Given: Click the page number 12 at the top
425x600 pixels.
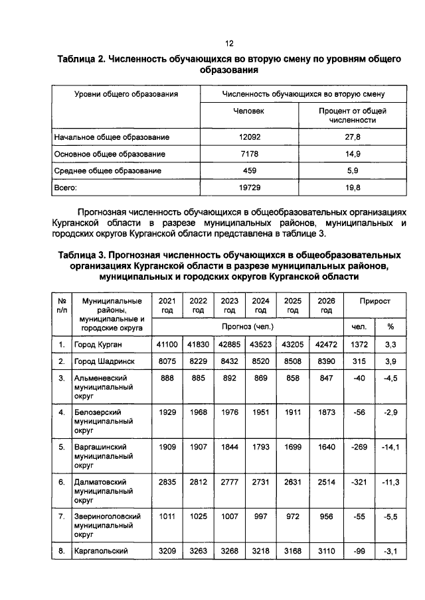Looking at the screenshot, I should (229, 44).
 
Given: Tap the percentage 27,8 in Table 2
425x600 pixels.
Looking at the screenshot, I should (353, 137).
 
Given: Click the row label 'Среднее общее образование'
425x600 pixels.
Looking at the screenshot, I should (108, 171).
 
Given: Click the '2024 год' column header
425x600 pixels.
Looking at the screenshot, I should (261, 305).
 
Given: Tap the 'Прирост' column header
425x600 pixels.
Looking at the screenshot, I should (375, 301).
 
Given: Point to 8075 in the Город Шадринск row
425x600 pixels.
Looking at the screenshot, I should (167, 362).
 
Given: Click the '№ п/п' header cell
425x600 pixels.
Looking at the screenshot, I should (62, 305).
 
